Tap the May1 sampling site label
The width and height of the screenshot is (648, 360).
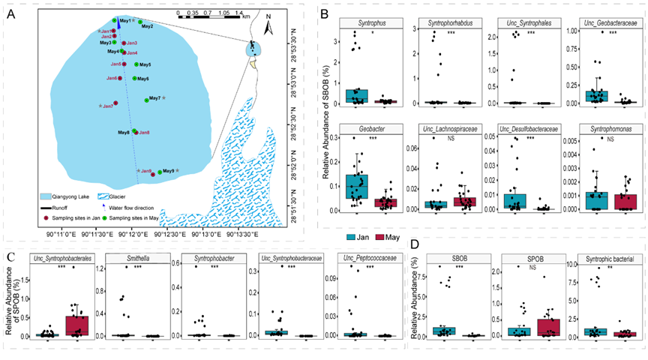125,20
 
